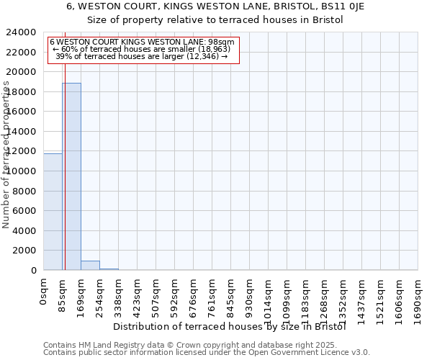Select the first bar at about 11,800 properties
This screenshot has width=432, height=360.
53,212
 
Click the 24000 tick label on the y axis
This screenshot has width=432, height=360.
22,32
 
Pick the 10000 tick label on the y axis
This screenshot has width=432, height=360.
22,171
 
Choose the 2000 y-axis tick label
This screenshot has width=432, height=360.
24,251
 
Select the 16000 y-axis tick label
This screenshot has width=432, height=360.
22,112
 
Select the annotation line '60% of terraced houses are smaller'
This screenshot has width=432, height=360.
142,49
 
